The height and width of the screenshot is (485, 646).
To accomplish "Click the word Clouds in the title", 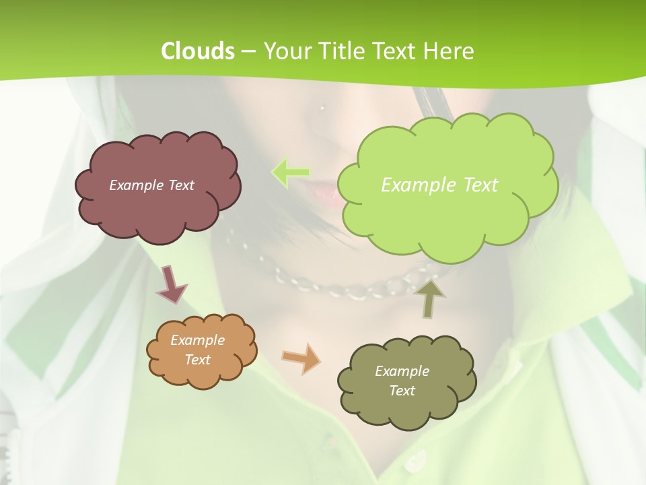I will (x=197, y=51).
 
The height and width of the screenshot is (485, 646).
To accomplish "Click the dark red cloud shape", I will (x=158, y=209).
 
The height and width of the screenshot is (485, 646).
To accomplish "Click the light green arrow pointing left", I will (x=291, y=172).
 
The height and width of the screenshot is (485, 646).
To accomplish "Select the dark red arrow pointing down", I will (x=171, y=284).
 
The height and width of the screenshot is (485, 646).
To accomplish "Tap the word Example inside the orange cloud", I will (x=197, y=340).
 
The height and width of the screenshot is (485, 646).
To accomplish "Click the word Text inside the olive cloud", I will (x=402, y=391).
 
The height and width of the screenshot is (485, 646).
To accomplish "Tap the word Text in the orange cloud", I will (x=197, y=360).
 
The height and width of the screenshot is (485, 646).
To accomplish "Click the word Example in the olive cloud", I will (x=402, y=371).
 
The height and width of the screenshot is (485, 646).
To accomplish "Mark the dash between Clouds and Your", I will (x=248, y=51).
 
